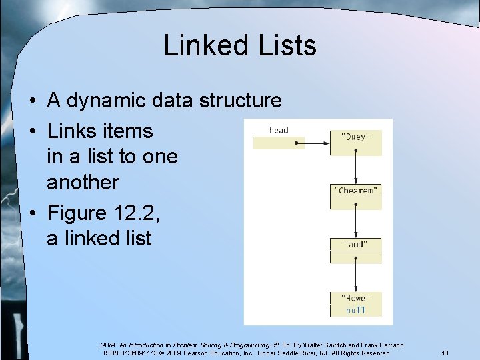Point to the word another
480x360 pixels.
click(x=83, y=182)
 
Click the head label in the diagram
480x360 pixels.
click(x=279, y=130)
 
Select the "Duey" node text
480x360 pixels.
click(x=355, y=137)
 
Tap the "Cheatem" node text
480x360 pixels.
click(x=355, y=191)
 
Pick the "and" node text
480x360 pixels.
click(x=355, y=245)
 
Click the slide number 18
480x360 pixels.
click(x=444, y=352)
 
